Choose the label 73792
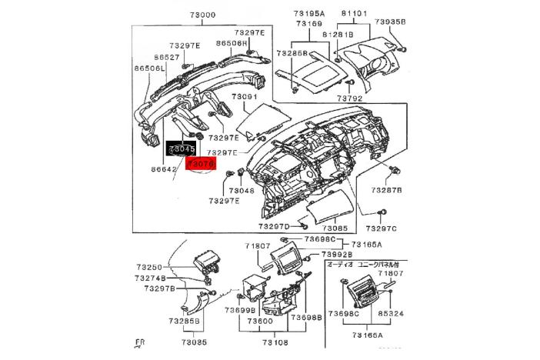(x=348, y=98)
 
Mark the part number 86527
(x=167, y=58)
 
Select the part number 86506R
(x=232, y=43)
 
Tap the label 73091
(x=245, y=98)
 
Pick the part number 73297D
(x=274, y=227)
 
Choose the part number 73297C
(x=382, y=228)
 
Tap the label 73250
(x=149, y=267)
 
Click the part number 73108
(x=275, y=342)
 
